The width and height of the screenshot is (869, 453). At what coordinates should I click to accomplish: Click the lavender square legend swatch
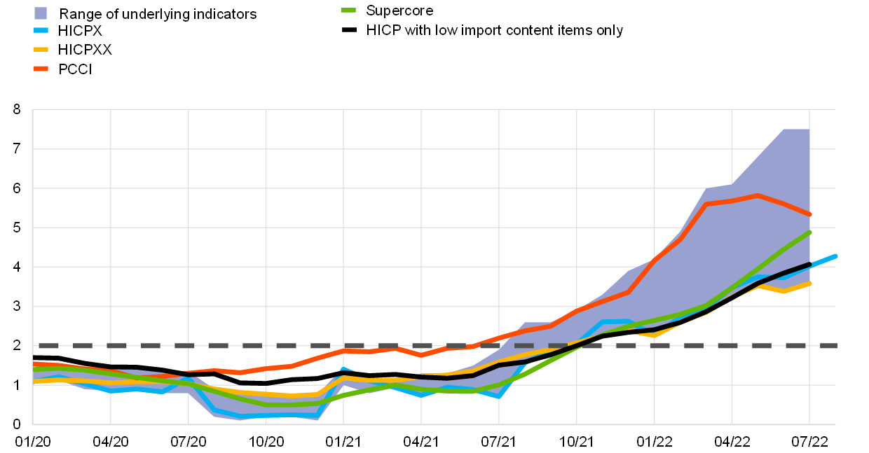click(41, 13)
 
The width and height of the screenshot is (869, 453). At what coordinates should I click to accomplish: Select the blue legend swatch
click(41, 30)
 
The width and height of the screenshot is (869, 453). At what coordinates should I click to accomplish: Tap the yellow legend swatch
click(41, 50)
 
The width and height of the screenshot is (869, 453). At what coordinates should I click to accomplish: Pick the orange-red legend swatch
click(41, 69)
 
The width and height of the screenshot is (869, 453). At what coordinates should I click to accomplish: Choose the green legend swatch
click(348, 11)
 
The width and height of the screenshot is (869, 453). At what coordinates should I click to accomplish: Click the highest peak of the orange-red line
click(758, 196)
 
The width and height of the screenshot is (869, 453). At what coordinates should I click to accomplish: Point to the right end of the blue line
click(835, 256)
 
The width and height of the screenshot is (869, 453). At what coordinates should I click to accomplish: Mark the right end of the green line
click(809, 232)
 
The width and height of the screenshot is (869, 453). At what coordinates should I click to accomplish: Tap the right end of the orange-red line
click(809, 214)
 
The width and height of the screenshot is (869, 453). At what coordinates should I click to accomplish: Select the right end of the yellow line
click(809, 284)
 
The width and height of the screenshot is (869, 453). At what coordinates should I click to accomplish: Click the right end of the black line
click(809, 265)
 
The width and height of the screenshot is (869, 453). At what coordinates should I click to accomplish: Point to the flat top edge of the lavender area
click(796, 130)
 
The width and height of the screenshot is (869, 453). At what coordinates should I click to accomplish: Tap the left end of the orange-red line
click(34, 363)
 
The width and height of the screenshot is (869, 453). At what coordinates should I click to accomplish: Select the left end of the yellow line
click(34, 381)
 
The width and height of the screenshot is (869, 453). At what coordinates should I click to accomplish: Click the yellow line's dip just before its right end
click(784, 291)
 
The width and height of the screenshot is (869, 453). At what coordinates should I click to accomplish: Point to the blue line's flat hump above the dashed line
click(615, 321)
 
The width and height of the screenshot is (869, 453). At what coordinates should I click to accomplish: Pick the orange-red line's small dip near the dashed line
click(420, 355)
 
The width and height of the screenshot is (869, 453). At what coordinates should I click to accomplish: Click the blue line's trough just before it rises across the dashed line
click(498, 396)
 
